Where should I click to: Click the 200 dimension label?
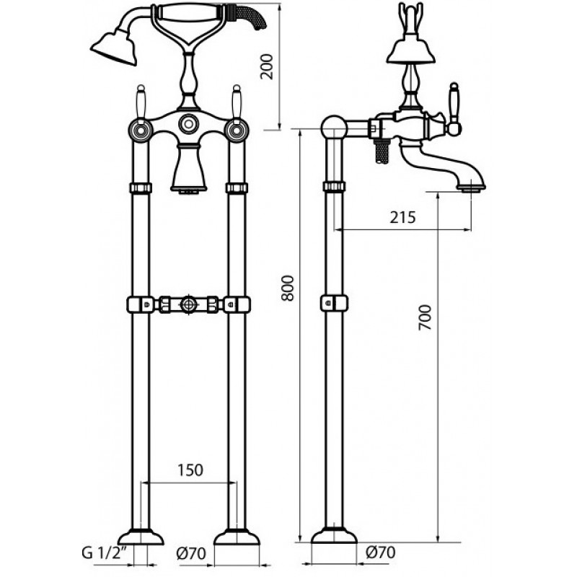(x=266, y=66)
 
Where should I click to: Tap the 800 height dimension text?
(x=288, y=288)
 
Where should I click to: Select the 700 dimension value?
(x=425, y=317)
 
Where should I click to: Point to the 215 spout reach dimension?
(x=403, y=218)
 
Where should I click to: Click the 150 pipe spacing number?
(x=190, y=470)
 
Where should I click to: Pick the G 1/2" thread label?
(x=104, y=553)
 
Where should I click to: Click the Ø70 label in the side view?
(x=381, y=552)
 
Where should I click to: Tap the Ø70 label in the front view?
(x=191, y=553)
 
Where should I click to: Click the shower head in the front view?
(x=114, y=47)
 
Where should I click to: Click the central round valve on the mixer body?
(x=189, y=123)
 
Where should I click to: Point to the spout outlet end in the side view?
(x=472, y=188)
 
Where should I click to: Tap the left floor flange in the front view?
(x=141, y=537)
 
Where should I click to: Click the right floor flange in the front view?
(x=237, y=537)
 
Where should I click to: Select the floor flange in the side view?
(x=334, y=535)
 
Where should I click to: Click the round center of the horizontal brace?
(x=189, y=304)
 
